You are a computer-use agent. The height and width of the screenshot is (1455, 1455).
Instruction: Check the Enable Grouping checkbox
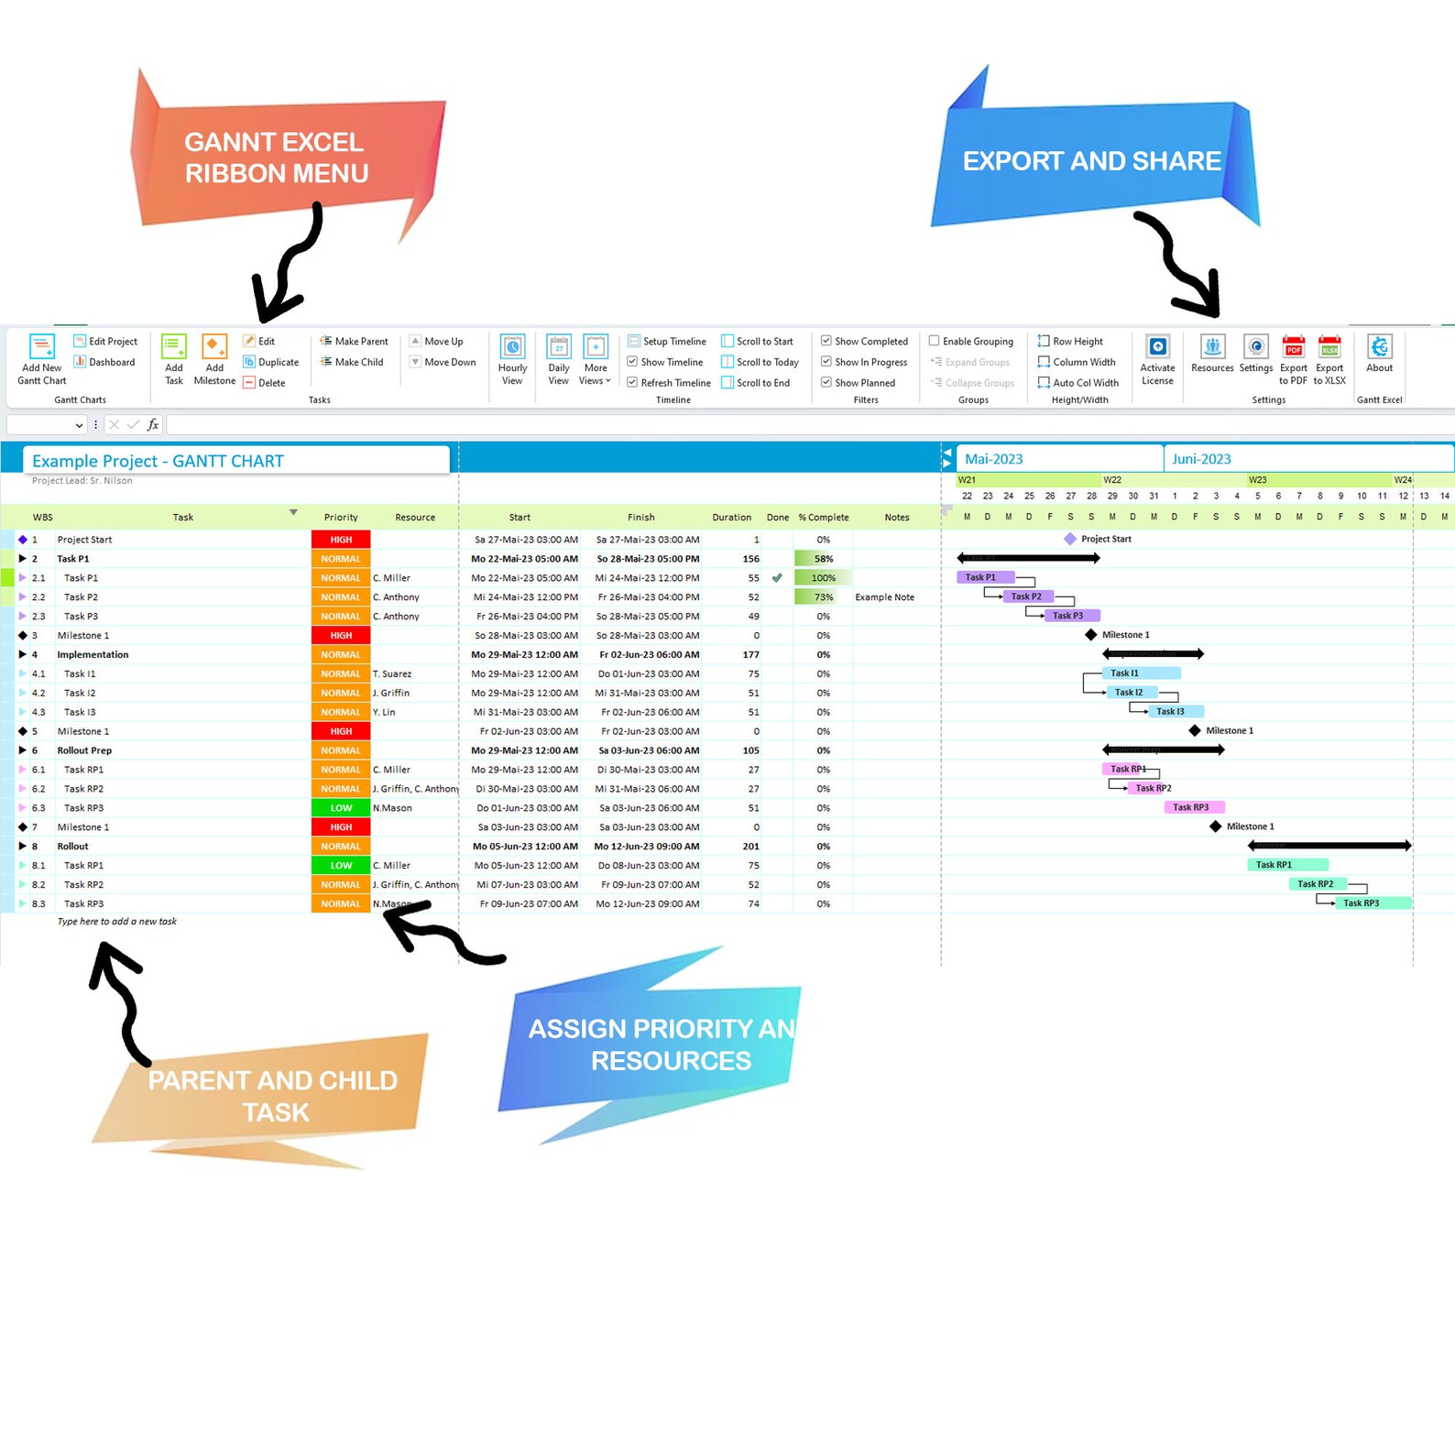pos(935,341)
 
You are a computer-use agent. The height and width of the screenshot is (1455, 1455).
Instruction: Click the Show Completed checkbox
pos(826,341)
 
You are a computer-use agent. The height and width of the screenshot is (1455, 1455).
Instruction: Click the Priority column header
pos(341,518)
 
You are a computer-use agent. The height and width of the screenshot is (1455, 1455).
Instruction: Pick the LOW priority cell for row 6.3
pos(341,808)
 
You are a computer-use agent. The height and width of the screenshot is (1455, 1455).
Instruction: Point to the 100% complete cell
pos(823,578)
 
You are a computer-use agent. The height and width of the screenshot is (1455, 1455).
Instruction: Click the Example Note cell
pos(884,597)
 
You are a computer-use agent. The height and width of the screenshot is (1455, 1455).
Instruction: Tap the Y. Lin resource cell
pos(385,712)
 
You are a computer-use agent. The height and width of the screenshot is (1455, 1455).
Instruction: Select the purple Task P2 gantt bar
pos(1026,596)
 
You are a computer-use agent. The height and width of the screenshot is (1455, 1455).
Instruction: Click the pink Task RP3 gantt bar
pos(1191,807)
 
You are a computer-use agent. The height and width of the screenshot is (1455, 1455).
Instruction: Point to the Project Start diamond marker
pos(1070,539)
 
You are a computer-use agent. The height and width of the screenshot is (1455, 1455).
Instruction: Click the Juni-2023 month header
pos(1201,459)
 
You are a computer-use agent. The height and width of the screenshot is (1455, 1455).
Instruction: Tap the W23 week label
pos(1257,480)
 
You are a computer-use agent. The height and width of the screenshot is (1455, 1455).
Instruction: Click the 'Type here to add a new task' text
pos(117,922)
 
